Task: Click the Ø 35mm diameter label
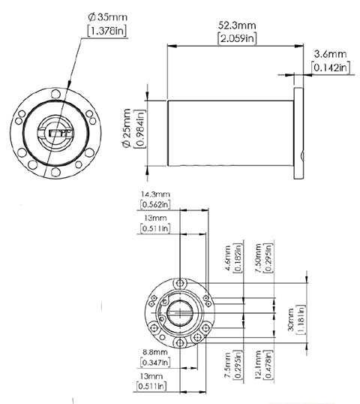point(107,17)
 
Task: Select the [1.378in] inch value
point(107,31)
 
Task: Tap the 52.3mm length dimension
point(237,26)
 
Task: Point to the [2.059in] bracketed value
point(237,38)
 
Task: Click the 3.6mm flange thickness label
point(331,54)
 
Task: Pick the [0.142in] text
point(331,68)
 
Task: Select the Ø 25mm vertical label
point(127,128)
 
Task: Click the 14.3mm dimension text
point(155,194)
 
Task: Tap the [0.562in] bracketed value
point(155,204)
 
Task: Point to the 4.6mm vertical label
point(228,258)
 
